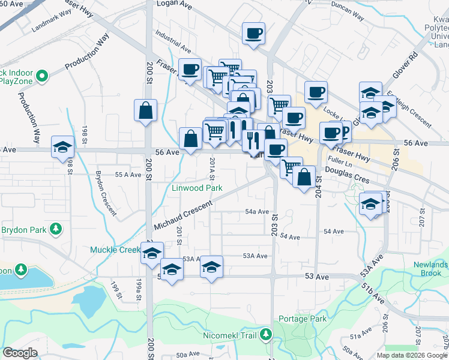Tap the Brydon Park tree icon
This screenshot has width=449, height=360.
pos(56,229)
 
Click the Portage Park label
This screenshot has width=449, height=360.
pos(303,319)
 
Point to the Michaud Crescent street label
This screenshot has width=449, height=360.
pos(184,215)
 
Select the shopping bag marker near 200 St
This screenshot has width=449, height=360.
pos(146,110)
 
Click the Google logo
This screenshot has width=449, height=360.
pos(20,353)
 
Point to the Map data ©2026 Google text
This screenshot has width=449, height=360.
pos(411,355)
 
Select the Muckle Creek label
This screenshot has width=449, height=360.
pos(115,250)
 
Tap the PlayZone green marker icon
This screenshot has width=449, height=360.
pos(42,76)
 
